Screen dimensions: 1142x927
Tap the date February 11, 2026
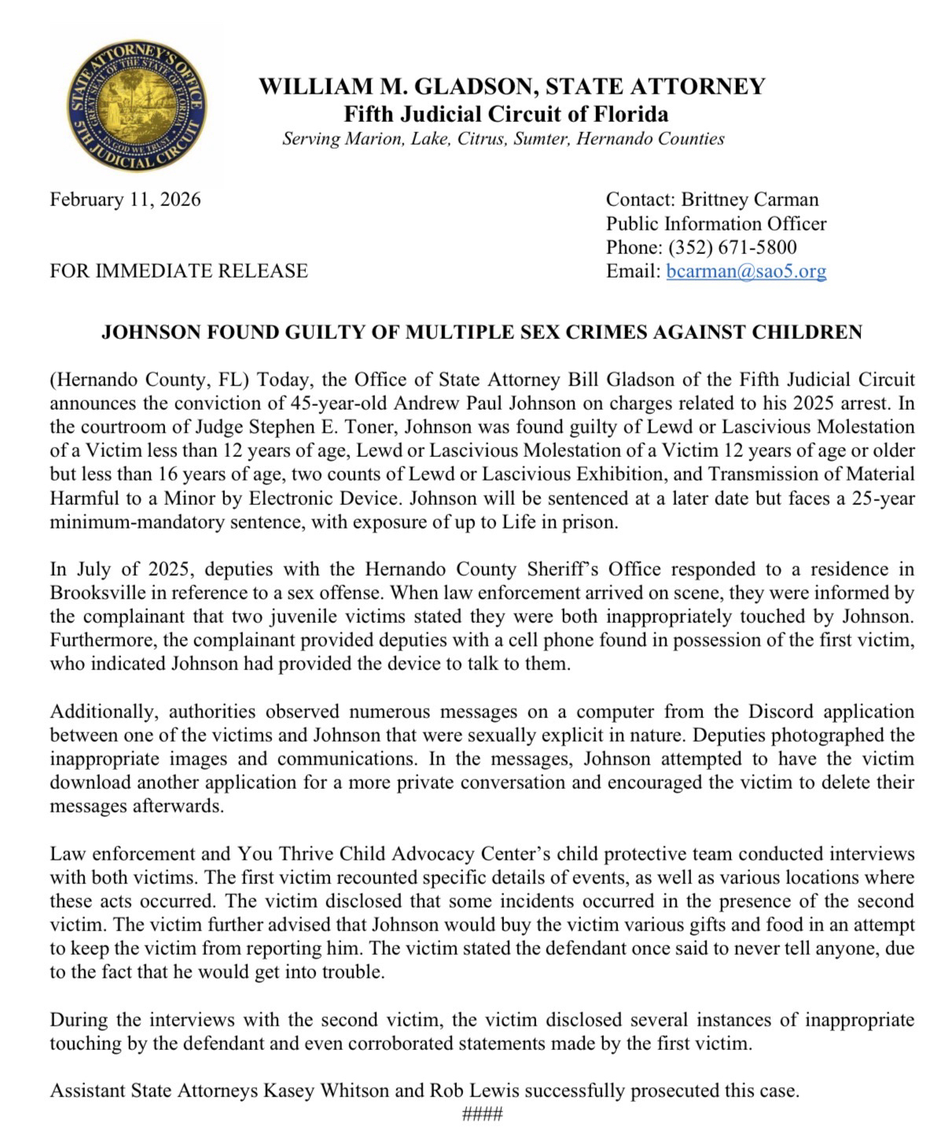(125, 200)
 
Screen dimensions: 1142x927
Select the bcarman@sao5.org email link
(746, 272)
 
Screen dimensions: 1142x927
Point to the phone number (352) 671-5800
(732, 248)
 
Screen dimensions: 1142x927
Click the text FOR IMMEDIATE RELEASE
(178, 271)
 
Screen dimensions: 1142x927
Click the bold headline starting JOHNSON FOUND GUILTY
(481, 332)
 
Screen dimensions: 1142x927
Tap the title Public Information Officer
(715, 224)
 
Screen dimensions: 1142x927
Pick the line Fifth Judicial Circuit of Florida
(506, 114)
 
